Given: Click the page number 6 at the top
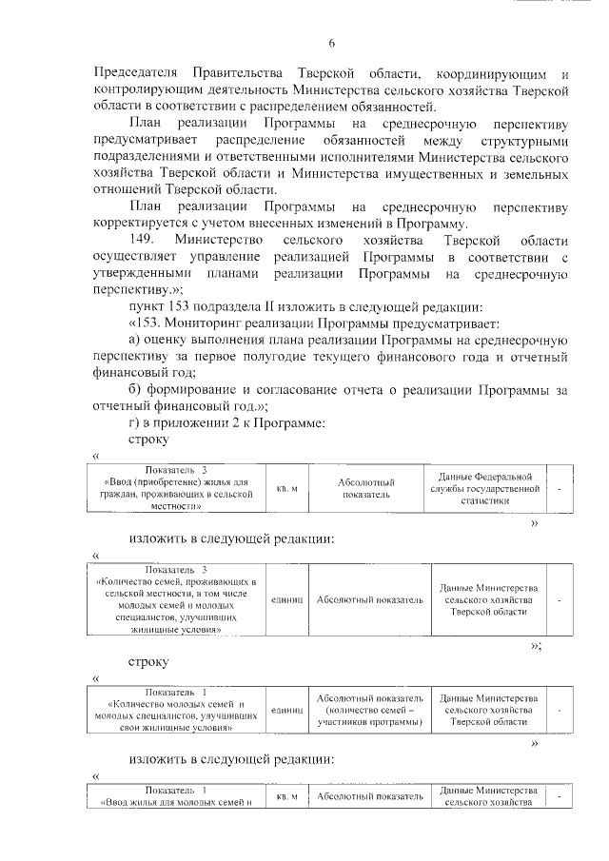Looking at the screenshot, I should click(331, 43).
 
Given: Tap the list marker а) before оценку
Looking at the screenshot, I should click(135, 340).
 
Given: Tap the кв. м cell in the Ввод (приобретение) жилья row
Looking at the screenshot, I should click(287, 488).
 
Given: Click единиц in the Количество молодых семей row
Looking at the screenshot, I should click(287, 711).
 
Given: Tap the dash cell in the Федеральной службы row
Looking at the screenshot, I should click(560, 488).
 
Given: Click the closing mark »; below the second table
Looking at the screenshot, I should click(536, 646).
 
